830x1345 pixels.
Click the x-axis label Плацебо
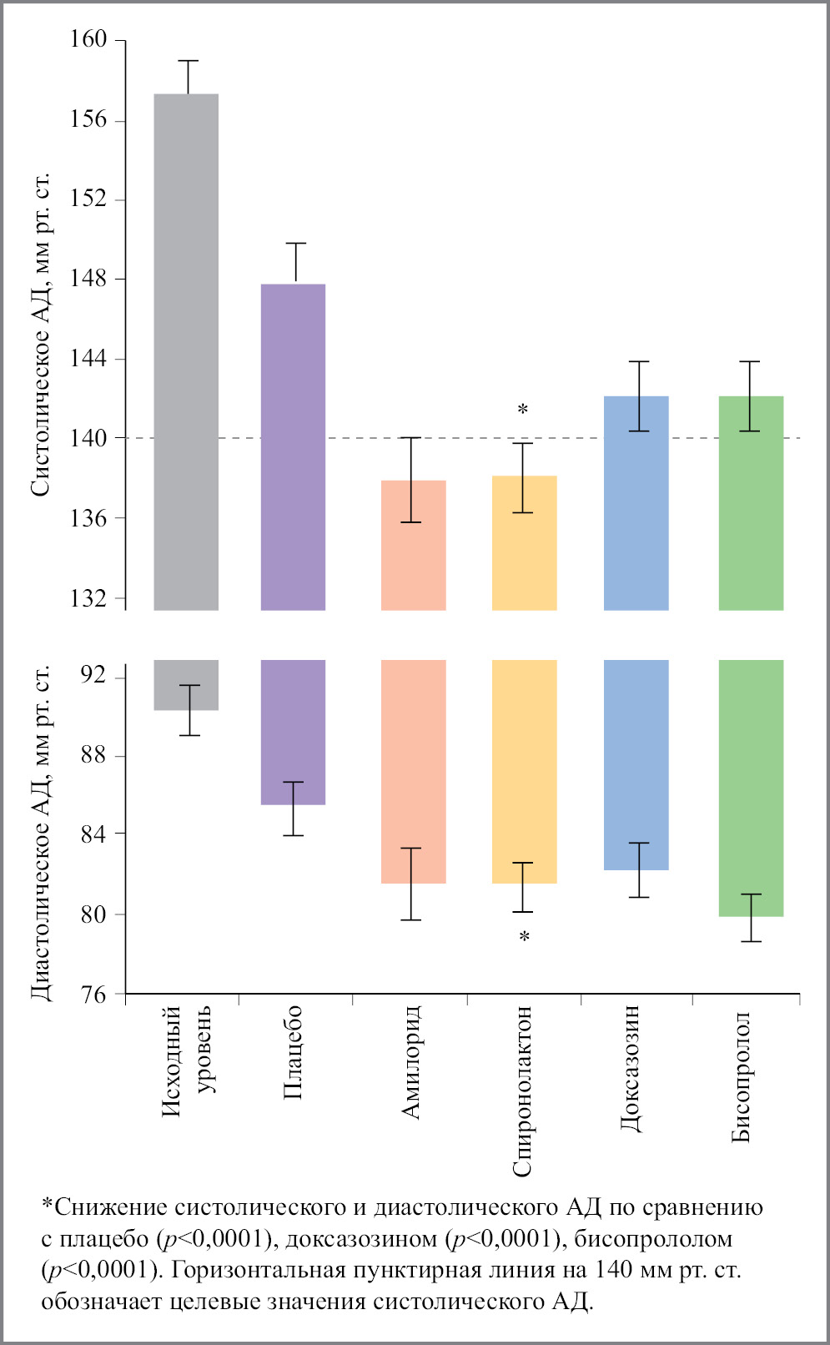293,1053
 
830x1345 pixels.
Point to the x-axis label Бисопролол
742,1076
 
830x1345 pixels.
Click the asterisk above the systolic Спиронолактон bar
523,410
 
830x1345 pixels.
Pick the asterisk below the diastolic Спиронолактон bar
524,937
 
